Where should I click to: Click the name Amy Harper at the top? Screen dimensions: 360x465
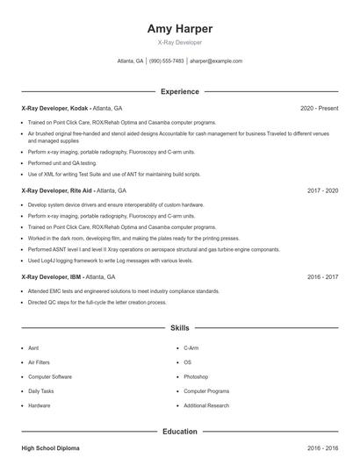(180, 28)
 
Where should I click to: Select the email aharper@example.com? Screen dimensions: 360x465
(216, 61)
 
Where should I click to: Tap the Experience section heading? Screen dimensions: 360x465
(180, 91)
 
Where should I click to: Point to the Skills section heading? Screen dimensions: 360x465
(180, 327)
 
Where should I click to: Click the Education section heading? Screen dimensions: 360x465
(180, 432)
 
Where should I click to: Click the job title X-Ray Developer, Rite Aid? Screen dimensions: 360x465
(57, 190)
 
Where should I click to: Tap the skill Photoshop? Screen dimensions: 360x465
(196, 376)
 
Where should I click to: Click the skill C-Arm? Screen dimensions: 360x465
(192, 347)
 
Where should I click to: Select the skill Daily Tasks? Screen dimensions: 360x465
(41, 390)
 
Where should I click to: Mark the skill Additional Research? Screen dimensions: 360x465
(206, 405)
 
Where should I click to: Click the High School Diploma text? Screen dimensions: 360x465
(49, 447)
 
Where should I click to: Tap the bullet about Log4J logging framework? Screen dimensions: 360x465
(110, 261)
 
